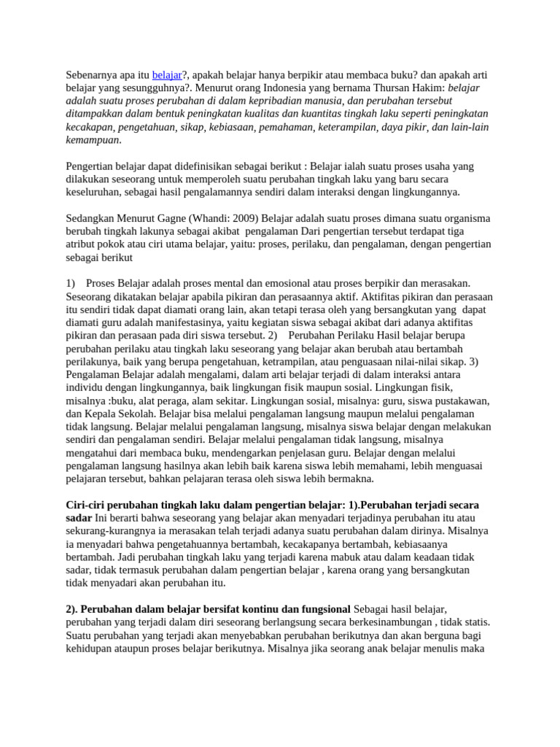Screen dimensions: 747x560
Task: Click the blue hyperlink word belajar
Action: pos(167,74)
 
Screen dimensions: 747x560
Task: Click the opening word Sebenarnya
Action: pos(95,74)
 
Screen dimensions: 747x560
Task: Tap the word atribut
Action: pos(82,244)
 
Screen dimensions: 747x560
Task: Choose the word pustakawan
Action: pos(456,401)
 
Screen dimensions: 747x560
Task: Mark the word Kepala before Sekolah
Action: pos(104,414)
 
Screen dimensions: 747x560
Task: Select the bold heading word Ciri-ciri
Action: pos(88,506)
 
